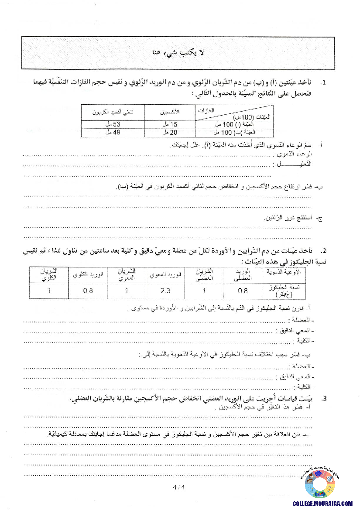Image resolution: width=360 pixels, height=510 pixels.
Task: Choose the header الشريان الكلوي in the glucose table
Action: (49, 275)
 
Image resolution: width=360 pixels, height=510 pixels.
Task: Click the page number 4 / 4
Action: (179, 487)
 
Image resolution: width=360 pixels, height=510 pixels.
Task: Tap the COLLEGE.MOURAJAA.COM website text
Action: (323, 503)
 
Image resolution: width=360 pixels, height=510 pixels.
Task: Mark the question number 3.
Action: (323, 399)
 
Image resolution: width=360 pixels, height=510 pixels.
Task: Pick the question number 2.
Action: (323, 251)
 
